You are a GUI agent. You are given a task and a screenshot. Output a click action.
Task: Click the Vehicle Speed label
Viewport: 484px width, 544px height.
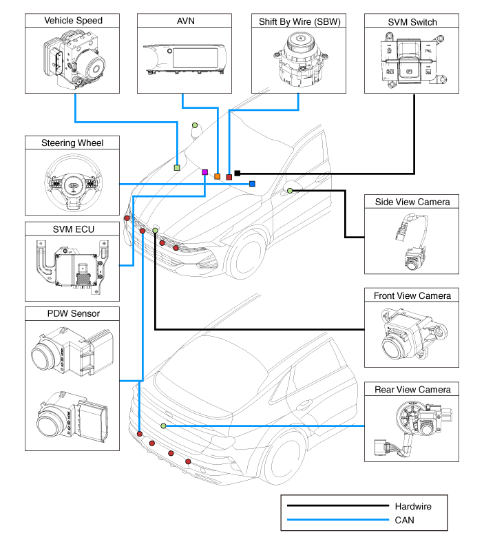tap(74, 21)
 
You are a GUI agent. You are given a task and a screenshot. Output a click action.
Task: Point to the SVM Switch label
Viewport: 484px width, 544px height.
tap(412, 21)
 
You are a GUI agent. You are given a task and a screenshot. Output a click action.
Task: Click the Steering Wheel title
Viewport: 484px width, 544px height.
tap(72, 143)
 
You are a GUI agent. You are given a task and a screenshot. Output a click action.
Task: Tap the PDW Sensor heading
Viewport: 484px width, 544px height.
tap(72, 314)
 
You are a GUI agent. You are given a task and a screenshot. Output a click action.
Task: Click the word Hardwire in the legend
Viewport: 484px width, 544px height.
tap(414, 506)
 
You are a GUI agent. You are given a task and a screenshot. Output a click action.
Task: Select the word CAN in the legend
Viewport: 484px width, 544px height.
tap(405, 521)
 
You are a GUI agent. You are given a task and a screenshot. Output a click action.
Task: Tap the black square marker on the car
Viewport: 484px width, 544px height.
tap(238, 173)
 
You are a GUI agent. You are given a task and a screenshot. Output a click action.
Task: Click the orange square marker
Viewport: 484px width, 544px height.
tap(218, 177)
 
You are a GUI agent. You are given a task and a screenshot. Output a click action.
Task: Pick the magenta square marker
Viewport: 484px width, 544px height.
tap(205, 172)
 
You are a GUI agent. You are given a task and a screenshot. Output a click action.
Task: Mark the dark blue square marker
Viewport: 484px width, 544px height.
tap(253, 184)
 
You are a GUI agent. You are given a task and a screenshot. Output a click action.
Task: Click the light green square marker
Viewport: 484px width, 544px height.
tap(177, 167)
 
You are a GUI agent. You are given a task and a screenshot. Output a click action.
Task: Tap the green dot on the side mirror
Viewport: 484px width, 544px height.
tap(290, 190)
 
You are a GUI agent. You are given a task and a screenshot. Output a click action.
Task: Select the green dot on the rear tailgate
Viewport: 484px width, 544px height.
tap(163, 426)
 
